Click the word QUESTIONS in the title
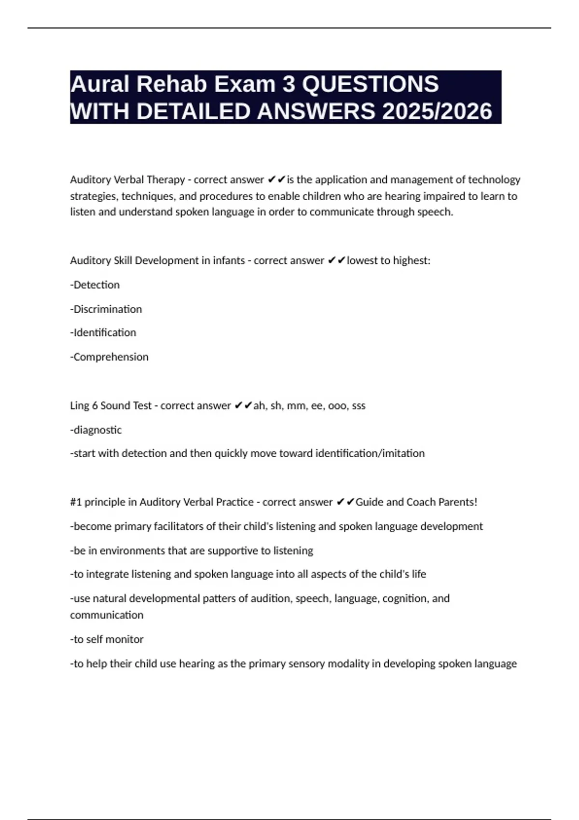[x=370, y=84]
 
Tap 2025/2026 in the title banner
[x=437, y=111]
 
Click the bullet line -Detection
[x=95, y=285]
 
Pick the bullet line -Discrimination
[x=106, y=309]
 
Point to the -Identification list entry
[x=103, y=332]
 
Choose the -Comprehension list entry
[x=110, y=356]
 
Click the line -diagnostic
[x=96, y=429]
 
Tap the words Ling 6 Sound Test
[x=110, y=405]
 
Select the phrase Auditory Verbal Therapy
[x=127, y=179]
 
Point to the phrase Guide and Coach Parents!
[x=416, y=502]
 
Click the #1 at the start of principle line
[x=76, y=502]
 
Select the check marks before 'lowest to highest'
[x=336, y=260]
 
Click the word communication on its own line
[x=107, y=615]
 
